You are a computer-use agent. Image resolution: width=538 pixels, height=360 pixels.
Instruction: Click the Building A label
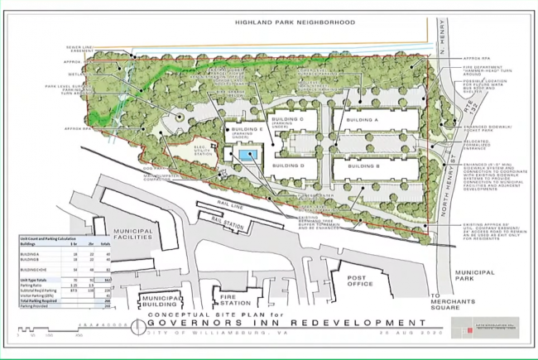coord(362,120)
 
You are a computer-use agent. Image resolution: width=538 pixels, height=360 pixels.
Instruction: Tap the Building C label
coord(291,120)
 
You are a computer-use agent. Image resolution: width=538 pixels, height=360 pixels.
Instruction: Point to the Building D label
coord(291,166)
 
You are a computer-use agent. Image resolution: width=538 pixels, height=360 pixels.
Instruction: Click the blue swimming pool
coord(246,155)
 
